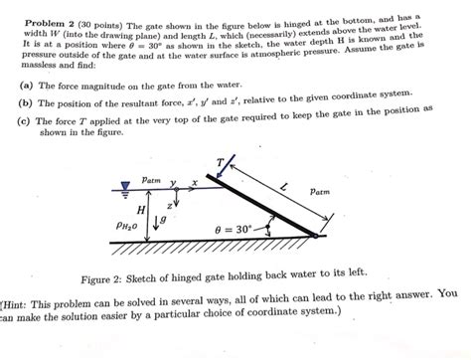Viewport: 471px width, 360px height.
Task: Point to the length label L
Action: [284, 188]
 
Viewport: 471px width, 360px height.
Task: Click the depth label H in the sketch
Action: [140, 212]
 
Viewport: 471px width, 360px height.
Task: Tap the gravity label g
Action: [165, 216]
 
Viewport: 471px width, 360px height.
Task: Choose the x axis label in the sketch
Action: [195, 183]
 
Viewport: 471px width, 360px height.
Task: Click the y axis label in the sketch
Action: [173, 182]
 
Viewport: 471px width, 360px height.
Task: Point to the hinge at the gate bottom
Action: [314, 236]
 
